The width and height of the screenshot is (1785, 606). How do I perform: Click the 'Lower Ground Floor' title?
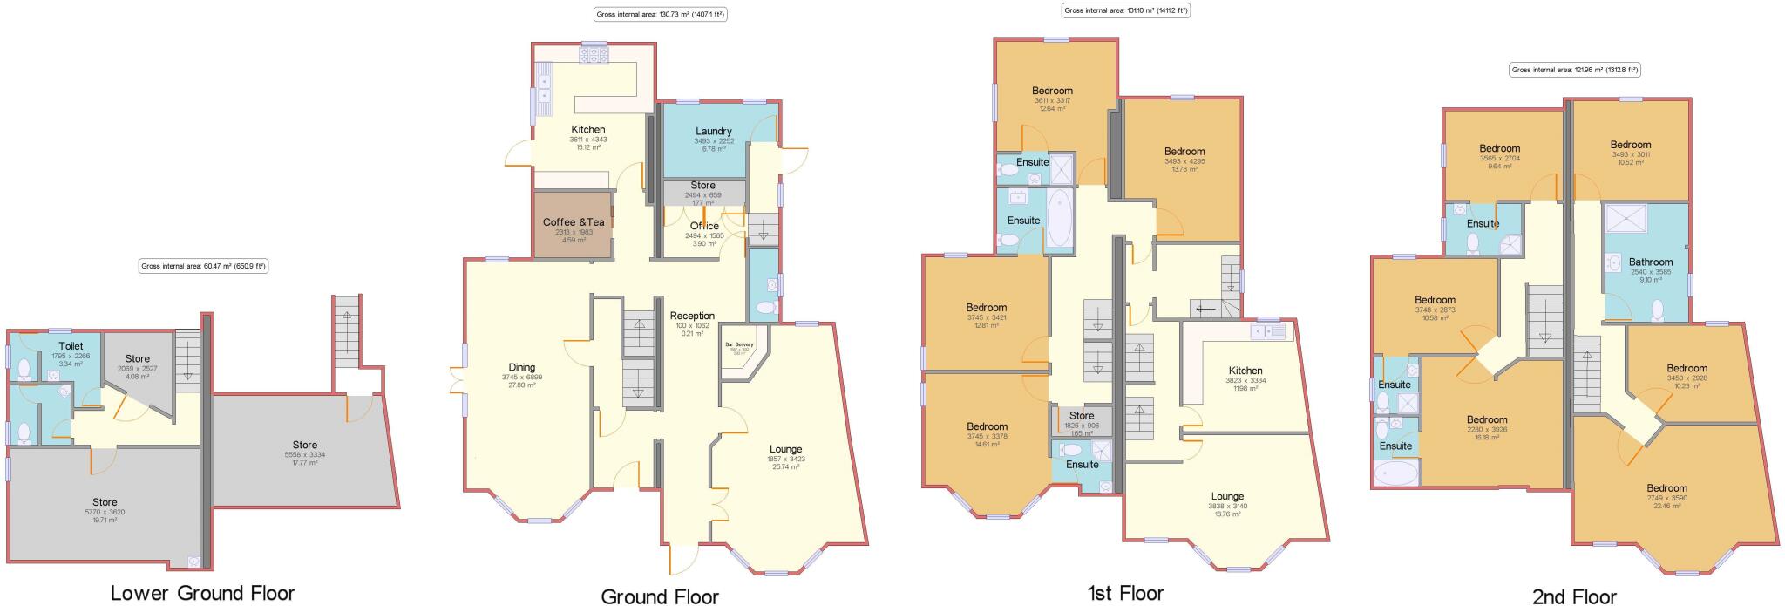pos(202,594)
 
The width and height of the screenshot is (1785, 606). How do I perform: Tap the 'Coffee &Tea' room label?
pos(573,222)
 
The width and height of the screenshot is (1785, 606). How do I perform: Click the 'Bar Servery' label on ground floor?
pos(739,344)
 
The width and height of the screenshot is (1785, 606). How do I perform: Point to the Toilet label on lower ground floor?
pos(71,346)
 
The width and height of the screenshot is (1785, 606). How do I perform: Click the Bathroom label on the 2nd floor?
pos(1651,262)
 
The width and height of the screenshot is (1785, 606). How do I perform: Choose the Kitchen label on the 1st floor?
pos(1245,371)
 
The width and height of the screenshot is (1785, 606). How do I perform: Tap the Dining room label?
pos(521,367)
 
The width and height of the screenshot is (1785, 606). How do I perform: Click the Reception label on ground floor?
pos(692,316)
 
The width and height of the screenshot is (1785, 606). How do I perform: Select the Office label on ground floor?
pos(704,226)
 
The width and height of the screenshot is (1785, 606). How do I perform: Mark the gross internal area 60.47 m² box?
pos(203,266)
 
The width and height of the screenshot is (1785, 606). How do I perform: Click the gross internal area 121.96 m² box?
pos(1574,70)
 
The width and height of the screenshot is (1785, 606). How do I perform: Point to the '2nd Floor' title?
pos(1573,596)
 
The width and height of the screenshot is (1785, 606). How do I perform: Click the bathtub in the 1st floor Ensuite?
pos(1060,218)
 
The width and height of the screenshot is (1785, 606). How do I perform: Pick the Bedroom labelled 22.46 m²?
pos(1666,488)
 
